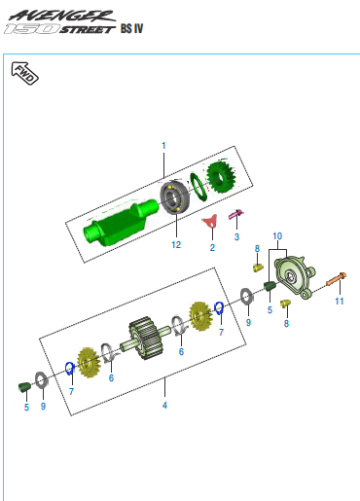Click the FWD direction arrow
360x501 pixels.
pyautogui.click(x=24, y=73)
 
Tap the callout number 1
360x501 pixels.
pyautogui.click(x=163, y=146)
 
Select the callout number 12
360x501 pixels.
pyautogui.click(x=176, y=244)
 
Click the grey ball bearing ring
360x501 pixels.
pyautogui.click(x=174, y=197)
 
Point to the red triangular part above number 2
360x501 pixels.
pyautogui.click(x=209, y=222)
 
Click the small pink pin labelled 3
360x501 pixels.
pyautogui.click(x=236, y=214)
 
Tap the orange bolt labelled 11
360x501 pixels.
pyautogui.click(x=337, y=279)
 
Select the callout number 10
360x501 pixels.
pyautogui.click(x=277, y=236)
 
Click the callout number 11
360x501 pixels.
pyautogui.click(x=340, y=302)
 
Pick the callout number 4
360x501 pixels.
pyautogui.click(x=164, y=405)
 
